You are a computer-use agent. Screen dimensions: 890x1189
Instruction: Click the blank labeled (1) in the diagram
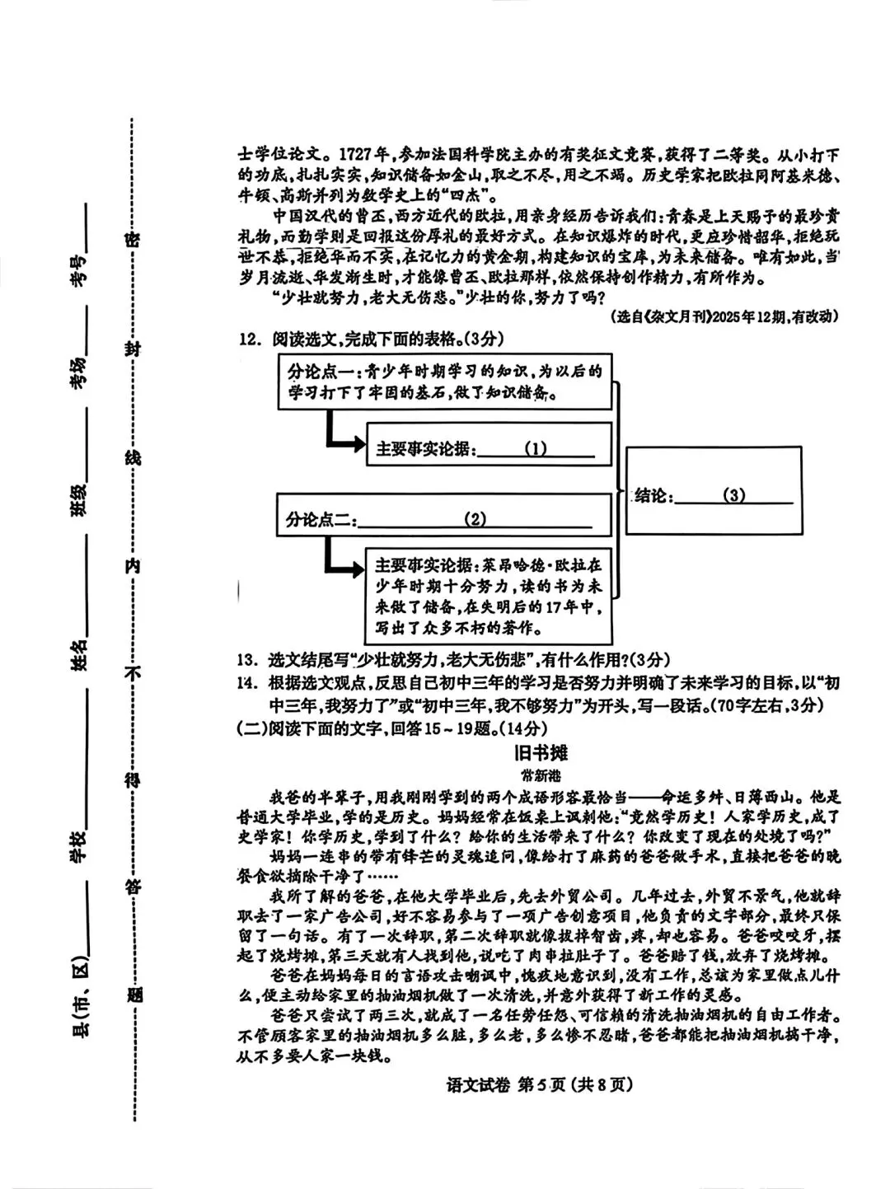(x=536, y=449)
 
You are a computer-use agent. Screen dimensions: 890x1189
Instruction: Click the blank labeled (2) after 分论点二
(x=475, y=519)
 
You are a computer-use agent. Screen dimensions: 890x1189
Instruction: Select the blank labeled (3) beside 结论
(x=733, y=495)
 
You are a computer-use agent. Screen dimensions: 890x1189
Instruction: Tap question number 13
(x=248, y=660)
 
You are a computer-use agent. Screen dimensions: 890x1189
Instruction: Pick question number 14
(x=248, y=683)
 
